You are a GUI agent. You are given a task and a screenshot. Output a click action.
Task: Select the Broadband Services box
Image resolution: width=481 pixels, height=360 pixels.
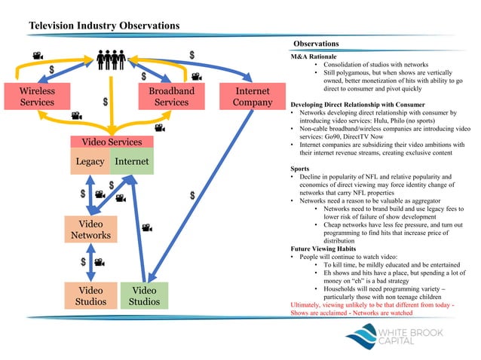[167, 97]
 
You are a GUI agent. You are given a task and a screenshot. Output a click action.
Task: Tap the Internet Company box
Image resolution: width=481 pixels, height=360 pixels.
[247, 97]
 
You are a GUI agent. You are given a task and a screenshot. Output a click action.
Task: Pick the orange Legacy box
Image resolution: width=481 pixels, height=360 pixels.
[90, 162]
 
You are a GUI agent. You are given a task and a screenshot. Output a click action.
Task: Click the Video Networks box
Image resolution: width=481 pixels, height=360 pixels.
[90, 230]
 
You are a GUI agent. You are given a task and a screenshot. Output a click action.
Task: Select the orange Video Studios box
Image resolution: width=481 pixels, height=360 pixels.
[90, 296]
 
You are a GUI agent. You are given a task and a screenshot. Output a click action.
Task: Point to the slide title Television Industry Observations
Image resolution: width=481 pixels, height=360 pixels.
[104, 26]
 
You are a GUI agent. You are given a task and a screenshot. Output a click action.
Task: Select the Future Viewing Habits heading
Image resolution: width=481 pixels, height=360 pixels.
[326, 248]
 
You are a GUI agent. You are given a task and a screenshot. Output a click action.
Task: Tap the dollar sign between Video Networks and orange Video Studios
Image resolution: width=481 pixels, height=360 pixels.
[84, 263]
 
